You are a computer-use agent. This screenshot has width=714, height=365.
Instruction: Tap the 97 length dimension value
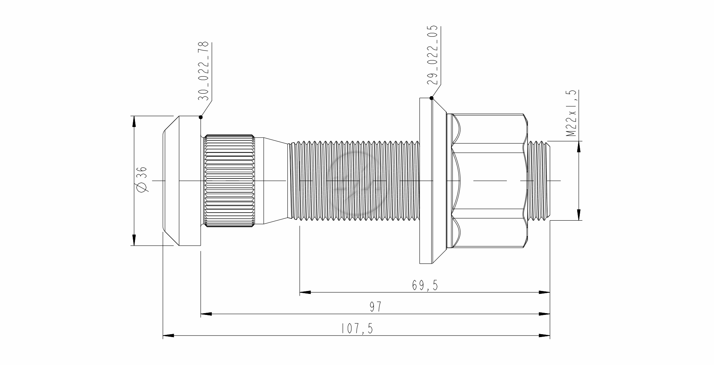click(376, 307)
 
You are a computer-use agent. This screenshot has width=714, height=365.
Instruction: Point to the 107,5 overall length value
click(357, 329)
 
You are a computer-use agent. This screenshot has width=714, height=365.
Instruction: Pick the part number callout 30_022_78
click(204, 71)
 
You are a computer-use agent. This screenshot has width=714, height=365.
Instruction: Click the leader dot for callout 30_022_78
click(201, 117)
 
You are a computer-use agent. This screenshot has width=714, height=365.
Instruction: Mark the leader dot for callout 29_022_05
click(431, 98)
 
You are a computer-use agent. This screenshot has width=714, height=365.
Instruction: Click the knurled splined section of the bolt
click(229, 181)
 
